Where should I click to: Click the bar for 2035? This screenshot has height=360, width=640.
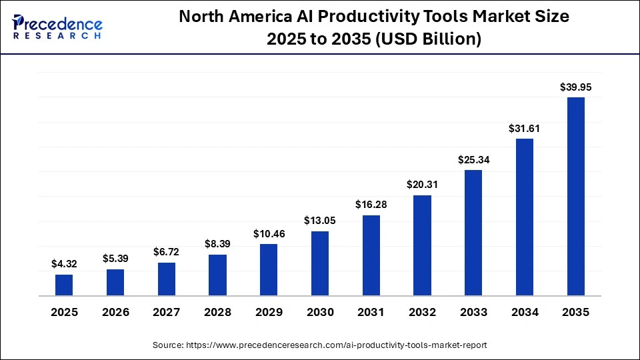pos(575,197)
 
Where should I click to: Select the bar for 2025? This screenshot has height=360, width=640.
pos(64,285)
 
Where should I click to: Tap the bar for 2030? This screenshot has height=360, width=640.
pos(320,263)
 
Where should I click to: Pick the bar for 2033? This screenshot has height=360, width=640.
pos(473,233)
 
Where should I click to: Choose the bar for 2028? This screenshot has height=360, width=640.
pos(217,275)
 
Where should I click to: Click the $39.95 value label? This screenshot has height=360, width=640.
pos(575,87)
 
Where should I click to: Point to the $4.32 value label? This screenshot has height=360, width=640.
pos(64,264)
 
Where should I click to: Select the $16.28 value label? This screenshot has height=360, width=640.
pos(371,205)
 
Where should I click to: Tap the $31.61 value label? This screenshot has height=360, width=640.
pos(525,128)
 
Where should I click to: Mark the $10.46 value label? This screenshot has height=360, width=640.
pos(269,233)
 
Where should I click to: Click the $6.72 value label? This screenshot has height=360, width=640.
pos(167,252)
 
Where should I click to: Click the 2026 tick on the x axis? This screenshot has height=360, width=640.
pos(115,312)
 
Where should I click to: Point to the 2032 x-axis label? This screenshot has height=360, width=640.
pos(422,312)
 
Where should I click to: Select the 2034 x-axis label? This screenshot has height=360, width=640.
pos(525,312)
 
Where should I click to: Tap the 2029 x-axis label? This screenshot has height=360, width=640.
pos(269,312)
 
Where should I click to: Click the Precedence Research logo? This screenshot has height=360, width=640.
pos(57,27)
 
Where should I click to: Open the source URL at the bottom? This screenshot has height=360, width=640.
pos(320,345)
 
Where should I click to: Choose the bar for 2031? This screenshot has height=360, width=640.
pos(371,255)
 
